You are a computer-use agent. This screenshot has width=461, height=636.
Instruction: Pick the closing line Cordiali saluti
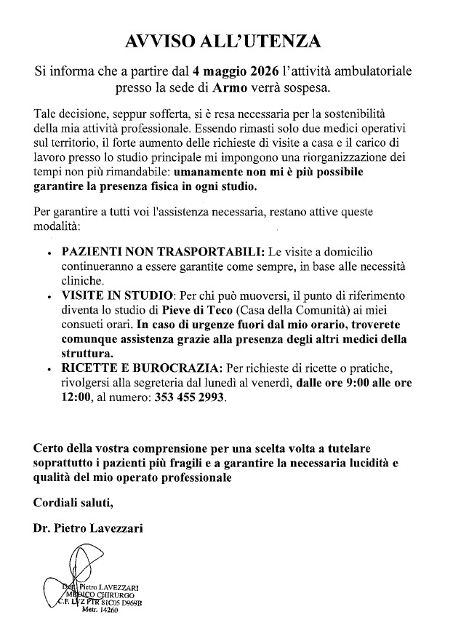click(73, 501)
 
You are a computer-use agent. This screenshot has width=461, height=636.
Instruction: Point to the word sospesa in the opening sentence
click(309, 90)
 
